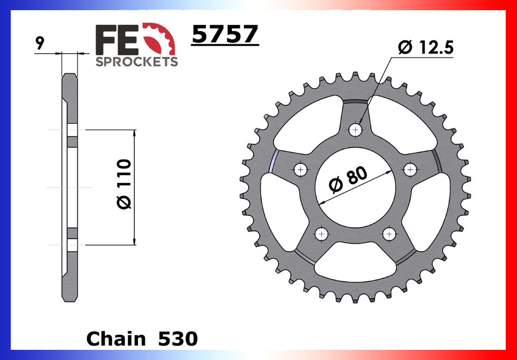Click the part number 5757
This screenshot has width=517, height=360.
(225, 35)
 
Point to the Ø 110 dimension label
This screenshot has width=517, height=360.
(125, 185)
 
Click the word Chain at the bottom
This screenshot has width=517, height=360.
(116, 339)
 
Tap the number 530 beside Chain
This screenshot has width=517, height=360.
(178, 339)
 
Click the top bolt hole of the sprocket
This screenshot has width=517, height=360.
(356, 129)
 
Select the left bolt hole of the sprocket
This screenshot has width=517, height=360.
(300, 169)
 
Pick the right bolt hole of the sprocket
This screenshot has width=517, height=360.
(410, 169)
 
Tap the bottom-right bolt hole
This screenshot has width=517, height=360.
(388, 233)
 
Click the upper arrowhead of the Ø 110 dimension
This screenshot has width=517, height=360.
(134, 133)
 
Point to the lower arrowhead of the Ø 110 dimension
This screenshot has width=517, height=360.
(134, 241)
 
